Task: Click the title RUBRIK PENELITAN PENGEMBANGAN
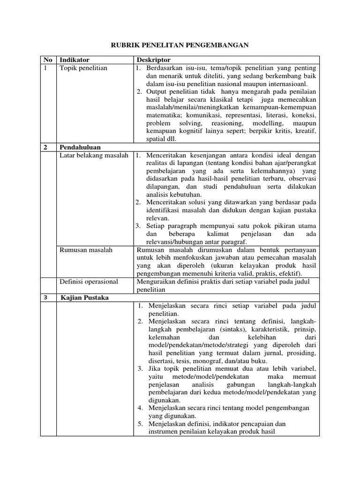180,45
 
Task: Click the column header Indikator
74,60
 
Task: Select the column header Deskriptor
153,60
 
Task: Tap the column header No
48,60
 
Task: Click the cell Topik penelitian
83,68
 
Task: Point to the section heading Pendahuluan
80,147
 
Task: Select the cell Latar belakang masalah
94,155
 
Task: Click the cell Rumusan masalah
86,250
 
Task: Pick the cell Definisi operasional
89,282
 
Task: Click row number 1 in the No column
45,68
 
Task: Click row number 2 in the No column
45,147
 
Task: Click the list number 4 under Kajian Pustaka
140,408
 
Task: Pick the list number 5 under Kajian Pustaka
140,424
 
